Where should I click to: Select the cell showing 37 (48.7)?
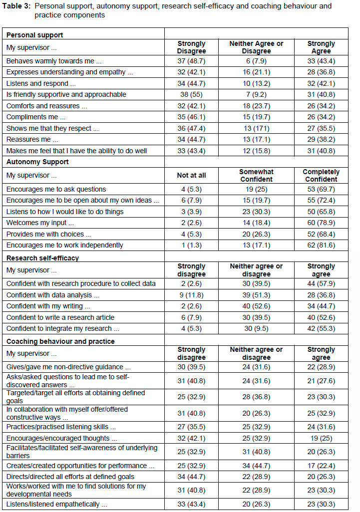[x=191, y=61]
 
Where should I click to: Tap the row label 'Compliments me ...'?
[x=35, y=117]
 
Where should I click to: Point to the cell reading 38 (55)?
[x=191, y=94]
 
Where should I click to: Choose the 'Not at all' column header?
[x=191, y=175]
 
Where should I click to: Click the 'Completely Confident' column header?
[x=321, y=175]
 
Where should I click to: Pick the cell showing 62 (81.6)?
[x=321, y=245]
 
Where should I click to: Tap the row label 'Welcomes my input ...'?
[x=40, y=223]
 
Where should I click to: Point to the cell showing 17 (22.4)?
[x=321, y=466]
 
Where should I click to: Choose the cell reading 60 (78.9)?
[x=321, y=223]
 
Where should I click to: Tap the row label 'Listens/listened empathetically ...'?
[x=53, y=504]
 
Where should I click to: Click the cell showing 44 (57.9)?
[x=321, y=283]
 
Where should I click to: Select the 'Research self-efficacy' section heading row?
[x=42, y=258]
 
